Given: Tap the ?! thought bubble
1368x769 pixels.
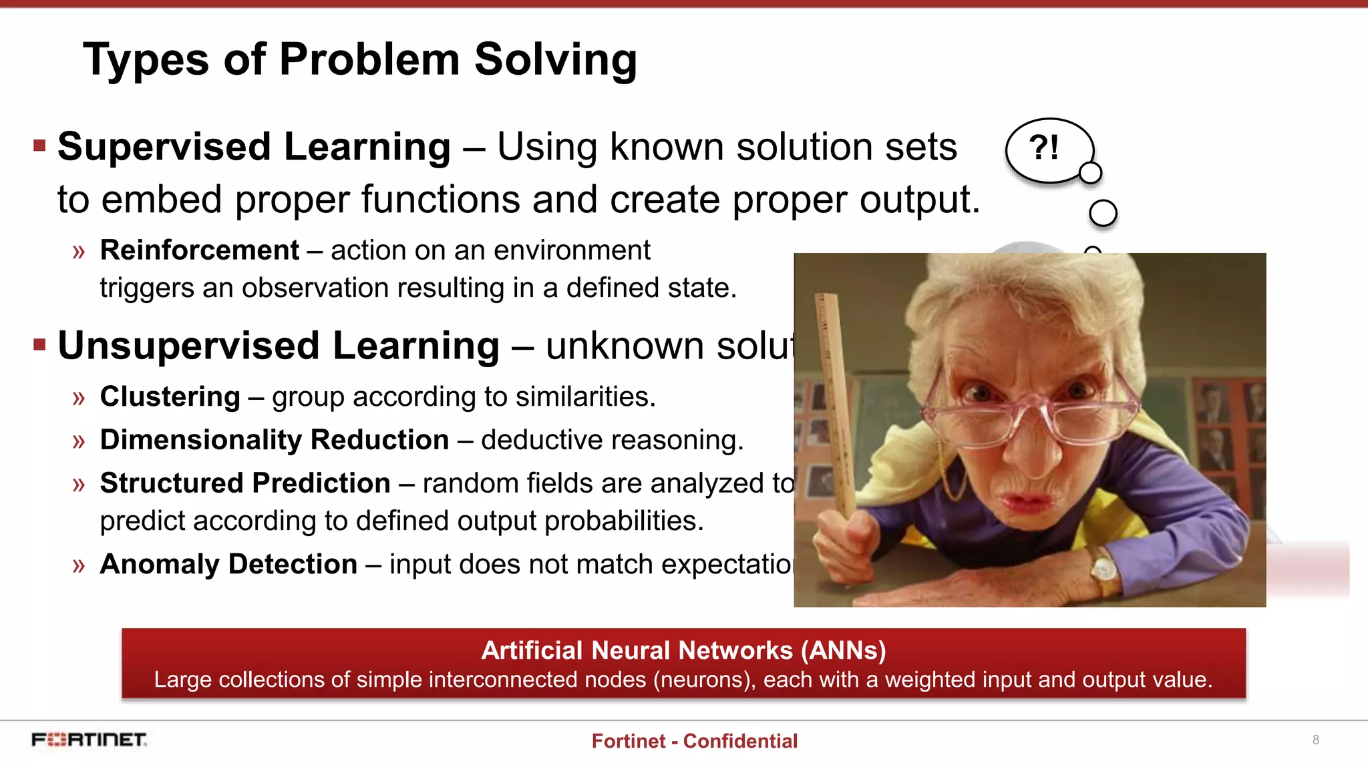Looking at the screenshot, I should (x=1047, y=149).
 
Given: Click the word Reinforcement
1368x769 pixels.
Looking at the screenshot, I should (x=199, y=250).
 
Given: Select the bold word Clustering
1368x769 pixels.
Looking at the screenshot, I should (x=170, y=397).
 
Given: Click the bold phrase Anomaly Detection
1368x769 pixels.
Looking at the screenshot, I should (x=228, y=564).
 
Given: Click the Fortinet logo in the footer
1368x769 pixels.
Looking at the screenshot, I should (x=89, y=740).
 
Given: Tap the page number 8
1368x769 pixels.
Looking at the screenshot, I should (x=1315, y=740).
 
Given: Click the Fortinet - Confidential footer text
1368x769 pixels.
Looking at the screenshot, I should (x=694, y=741).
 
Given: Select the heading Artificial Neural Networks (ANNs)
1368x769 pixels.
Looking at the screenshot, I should (x=683, y=650).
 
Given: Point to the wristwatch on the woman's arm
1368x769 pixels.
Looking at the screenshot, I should (x=1104, y=569).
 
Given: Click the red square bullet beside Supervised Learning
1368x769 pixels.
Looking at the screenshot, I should (x=39, y=146).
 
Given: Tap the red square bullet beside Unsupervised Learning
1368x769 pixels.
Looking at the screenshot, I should (x=39, y=344).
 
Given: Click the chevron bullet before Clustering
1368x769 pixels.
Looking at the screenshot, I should (x=79, y=399).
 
